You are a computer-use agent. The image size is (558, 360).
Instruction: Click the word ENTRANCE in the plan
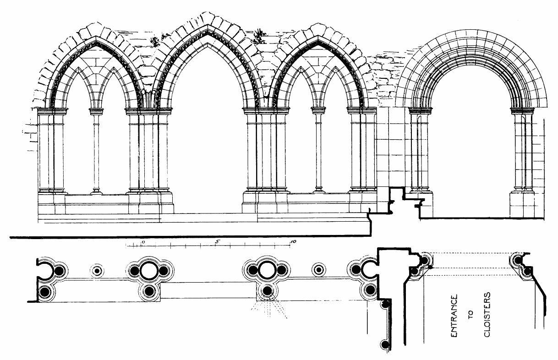455,316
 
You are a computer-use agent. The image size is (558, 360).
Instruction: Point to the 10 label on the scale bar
294,241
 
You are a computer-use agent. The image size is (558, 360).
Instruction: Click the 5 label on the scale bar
218,241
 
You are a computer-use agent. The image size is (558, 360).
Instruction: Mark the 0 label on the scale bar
143,241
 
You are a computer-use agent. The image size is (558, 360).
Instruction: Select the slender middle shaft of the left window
96,151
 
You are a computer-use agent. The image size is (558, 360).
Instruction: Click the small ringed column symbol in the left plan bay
97,270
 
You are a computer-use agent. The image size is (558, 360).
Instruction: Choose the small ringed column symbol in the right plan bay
317,270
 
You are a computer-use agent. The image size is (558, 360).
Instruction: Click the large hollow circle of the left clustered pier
148,270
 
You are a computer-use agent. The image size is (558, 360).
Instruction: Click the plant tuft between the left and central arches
155,41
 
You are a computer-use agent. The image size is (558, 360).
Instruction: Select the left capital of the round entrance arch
420,110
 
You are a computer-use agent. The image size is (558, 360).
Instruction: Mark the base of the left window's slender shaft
96,191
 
